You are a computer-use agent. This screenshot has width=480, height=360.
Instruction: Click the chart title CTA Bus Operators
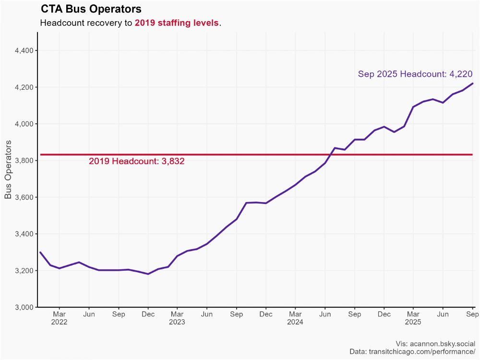point(91,9)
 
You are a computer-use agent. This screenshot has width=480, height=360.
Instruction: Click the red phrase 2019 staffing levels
point(177,23)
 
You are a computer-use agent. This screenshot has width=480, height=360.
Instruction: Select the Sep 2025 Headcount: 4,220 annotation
point(415,74)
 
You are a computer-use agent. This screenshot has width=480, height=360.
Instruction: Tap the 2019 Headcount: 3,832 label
point(137,162)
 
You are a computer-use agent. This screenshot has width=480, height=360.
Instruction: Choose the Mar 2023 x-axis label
point(177,318)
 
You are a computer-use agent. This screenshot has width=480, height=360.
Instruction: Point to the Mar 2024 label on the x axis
point(295,318)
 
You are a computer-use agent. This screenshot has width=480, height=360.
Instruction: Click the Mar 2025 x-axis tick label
point(413,318)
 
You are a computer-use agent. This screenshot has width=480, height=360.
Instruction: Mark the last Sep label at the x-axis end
point(472,314)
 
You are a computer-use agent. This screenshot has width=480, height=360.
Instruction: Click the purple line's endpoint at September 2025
point(472,84)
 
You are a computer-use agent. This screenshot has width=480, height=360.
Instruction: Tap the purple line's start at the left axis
point(40,252)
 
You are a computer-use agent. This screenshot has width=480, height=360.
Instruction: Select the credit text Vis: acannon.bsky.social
point(435,344)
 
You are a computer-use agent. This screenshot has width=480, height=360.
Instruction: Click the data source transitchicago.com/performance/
point(422,352)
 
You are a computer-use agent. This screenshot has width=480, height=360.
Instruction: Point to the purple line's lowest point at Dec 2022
point(148,274)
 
